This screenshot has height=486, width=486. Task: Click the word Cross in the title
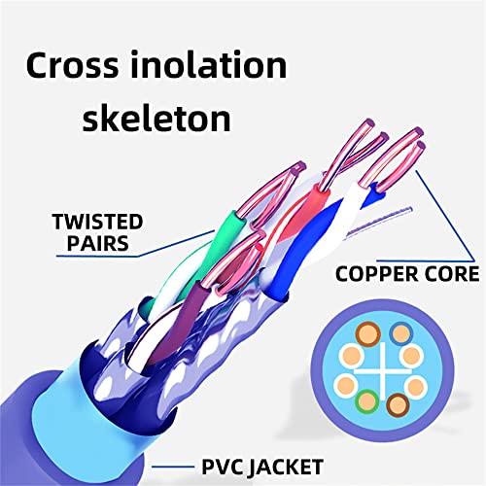[73, 65]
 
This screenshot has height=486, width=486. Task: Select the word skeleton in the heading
[156, 118]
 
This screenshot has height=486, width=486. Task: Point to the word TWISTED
[97, 222]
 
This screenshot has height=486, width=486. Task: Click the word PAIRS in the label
[97, 243]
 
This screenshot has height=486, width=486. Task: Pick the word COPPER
[376, 274]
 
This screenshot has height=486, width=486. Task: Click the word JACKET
[286, 468]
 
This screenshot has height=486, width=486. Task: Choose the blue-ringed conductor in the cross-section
[401, 333]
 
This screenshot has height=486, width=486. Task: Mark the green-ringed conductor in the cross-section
[367, 401]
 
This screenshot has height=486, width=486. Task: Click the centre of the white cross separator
[384, 371]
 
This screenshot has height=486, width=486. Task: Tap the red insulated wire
[301, 214]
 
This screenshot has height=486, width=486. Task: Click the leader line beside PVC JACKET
[173, 467]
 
